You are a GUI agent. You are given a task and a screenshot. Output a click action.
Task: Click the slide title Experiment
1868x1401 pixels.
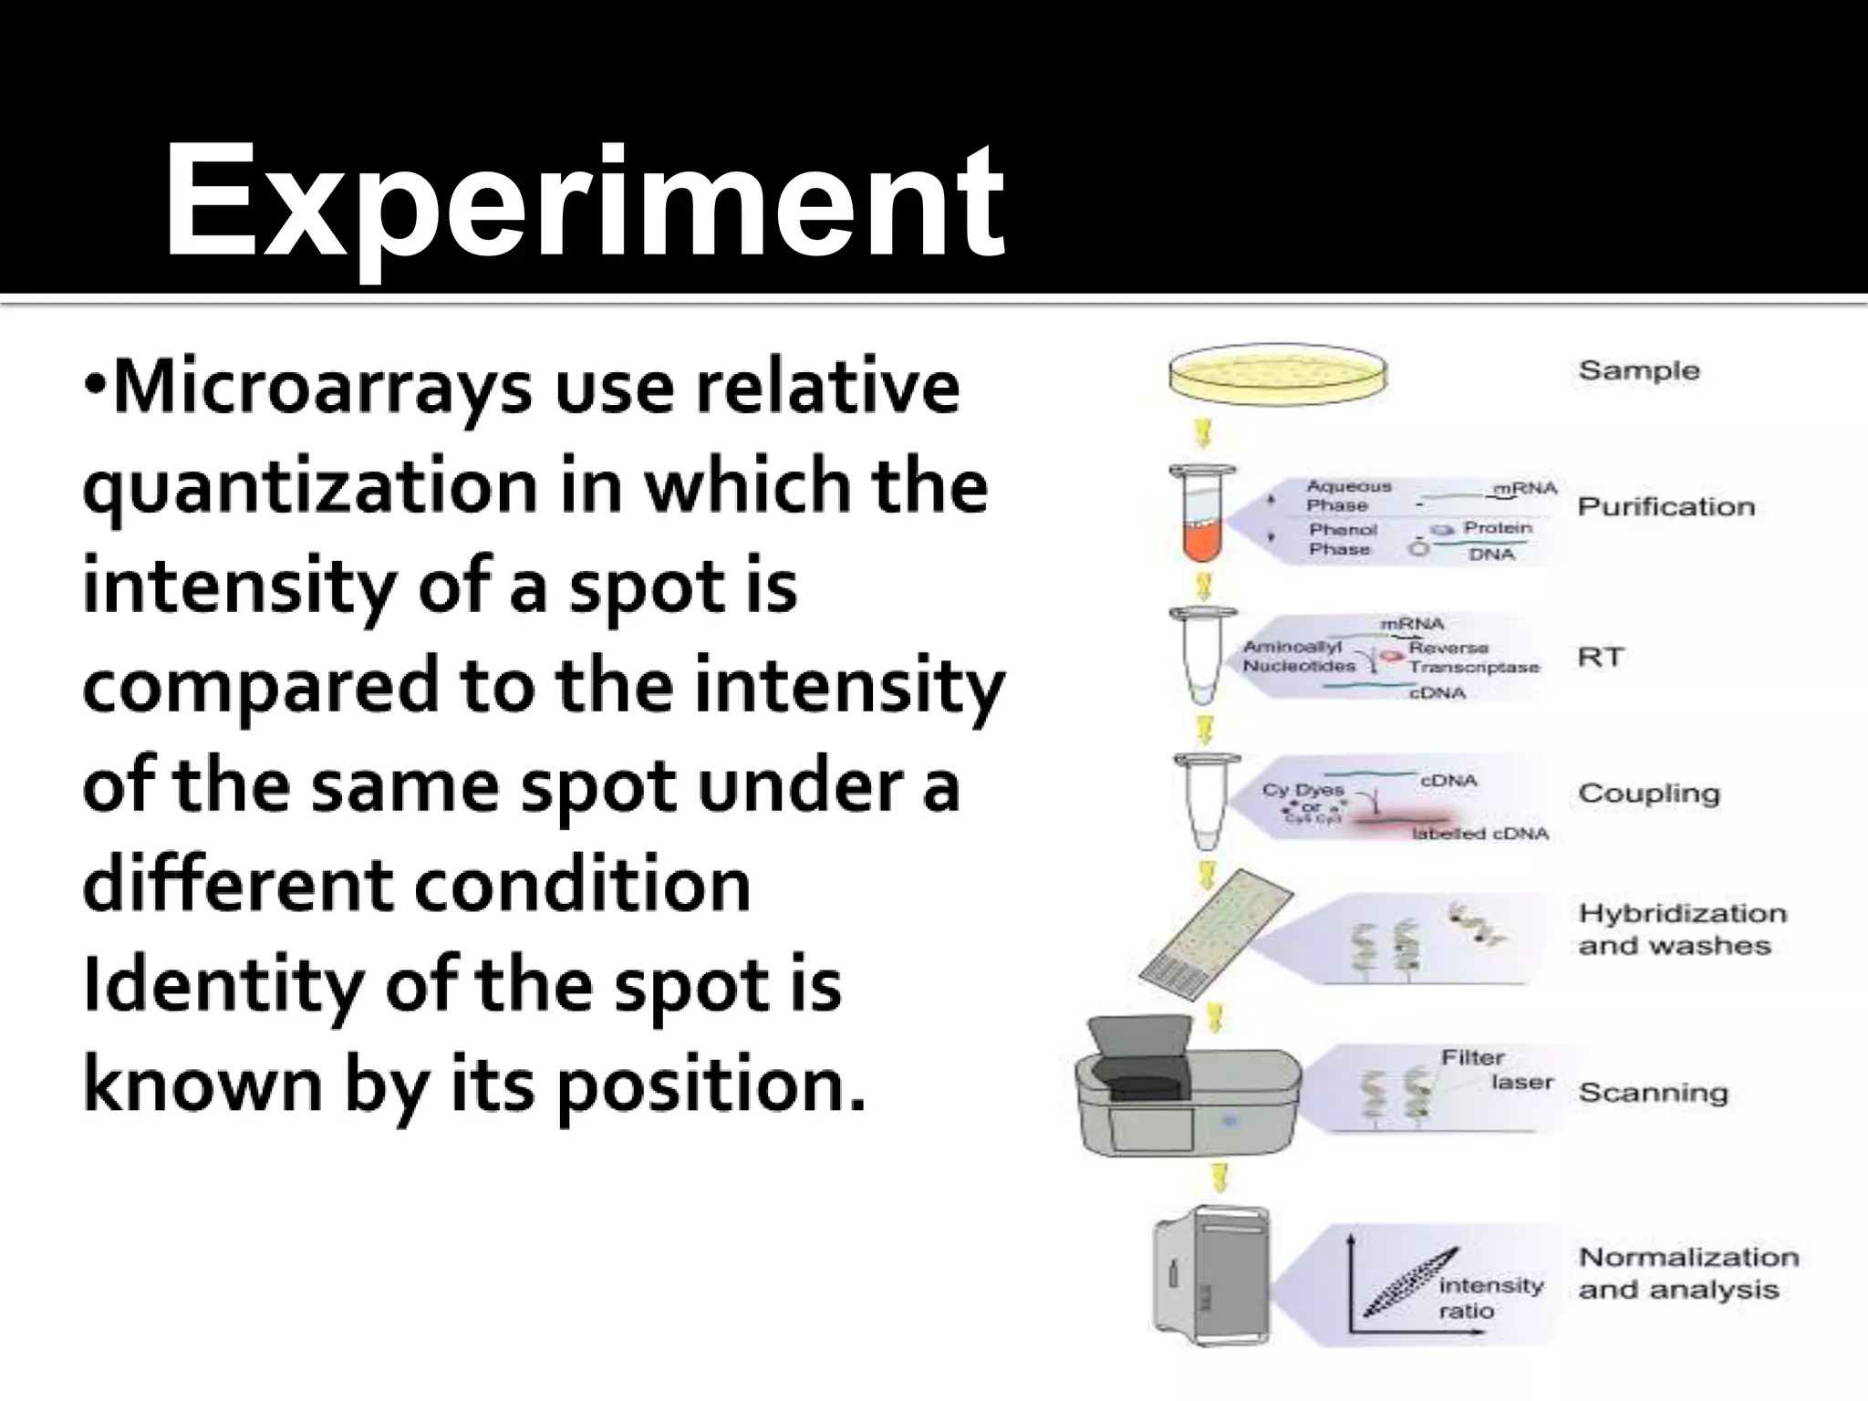584,202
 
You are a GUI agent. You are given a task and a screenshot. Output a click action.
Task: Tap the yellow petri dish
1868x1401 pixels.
1278,374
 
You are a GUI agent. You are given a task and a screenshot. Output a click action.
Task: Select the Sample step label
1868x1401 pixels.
1639,370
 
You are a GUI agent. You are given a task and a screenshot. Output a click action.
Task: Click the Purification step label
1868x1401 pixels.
1666,506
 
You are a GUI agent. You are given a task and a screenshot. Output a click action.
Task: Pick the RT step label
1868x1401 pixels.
1601,657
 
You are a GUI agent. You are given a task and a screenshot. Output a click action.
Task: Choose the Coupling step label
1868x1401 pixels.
1648,793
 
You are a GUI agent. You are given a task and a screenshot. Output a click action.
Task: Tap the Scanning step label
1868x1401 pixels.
1653,1092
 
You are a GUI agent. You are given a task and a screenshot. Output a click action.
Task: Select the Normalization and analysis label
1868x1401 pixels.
1687,1273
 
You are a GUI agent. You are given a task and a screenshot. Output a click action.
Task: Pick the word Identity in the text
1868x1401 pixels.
219,988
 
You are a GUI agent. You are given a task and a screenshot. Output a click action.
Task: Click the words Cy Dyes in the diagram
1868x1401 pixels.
1302,790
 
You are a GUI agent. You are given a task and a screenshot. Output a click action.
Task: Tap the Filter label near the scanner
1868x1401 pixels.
1472,1057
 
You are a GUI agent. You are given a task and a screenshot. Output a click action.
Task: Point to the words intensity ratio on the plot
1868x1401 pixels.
1490,1298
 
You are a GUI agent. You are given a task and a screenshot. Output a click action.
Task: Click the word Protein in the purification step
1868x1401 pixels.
1498,528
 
